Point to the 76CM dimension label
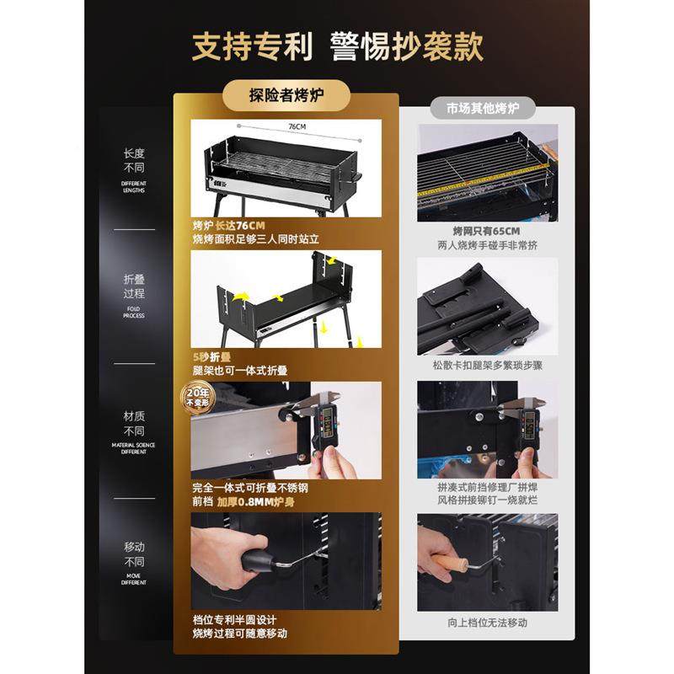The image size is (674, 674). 297,126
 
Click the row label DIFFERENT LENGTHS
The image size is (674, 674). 134,186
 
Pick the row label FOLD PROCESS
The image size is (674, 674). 134,312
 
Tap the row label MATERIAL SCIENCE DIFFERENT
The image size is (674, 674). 134,448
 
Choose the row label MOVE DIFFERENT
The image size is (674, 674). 134,579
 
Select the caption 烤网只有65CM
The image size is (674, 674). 486,231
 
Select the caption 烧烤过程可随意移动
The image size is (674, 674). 240,633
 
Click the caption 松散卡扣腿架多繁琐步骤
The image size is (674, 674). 487,367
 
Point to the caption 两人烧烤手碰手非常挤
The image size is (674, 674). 487,245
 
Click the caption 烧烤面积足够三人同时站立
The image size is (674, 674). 256,239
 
